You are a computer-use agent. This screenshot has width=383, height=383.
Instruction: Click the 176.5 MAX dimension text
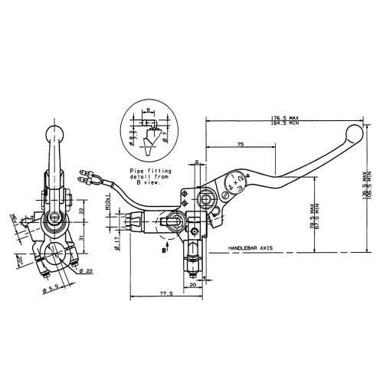point(285,116)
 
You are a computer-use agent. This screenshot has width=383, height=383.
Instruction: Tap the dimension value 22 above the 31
point(80,211)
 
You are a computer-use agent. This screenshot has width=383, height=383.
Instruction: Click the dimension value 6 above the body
point(197,162)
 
